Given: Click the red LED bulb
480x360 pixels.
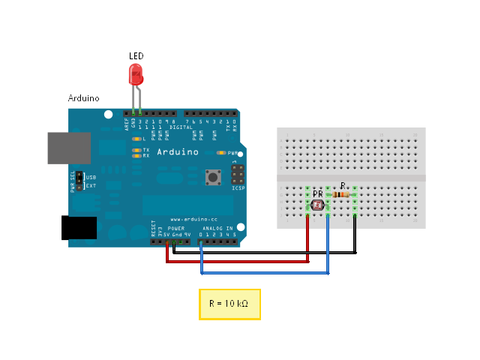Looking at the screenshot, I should pos(136,73).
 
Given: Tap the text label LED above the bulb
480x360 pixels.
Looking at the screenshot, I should pos(136,56).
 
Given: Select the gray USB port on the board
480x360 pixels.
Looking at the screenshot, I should pos(69,148).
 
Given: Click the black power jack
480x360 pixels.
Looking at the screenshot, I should pos(79,227).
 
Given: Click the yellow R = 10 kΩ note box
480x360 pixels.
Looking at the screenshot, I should pos(229,304).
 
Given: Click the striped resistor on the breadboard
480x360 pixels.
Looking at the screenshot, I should pos(342,195).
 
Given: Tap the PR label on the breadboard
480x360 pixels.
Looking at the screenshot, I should pos(318,193).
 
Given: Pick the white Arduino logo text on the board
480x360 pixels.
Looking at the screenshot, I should pos(178,151).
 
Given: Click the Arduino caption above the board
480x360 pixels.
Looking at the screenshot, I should pos(83,98).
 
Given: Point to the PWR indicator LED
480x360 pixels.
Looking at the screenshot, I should pos(221,152).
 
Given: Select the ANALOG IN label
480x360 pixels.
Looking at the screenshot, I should pos(219,227).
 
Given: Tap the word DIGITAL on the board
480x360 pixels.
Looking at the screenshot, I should pos(181,127).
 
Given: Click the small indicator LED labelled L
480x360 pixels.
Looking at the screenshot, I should pos(136,139).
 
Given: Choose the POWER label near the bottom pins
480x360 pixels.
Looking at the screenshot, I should pos(176,227).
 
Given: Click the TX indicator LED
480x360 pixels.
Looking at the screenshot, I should pos(136,150).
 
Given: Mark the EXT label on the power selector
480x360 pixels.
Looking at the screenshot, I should pos(91,184).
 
